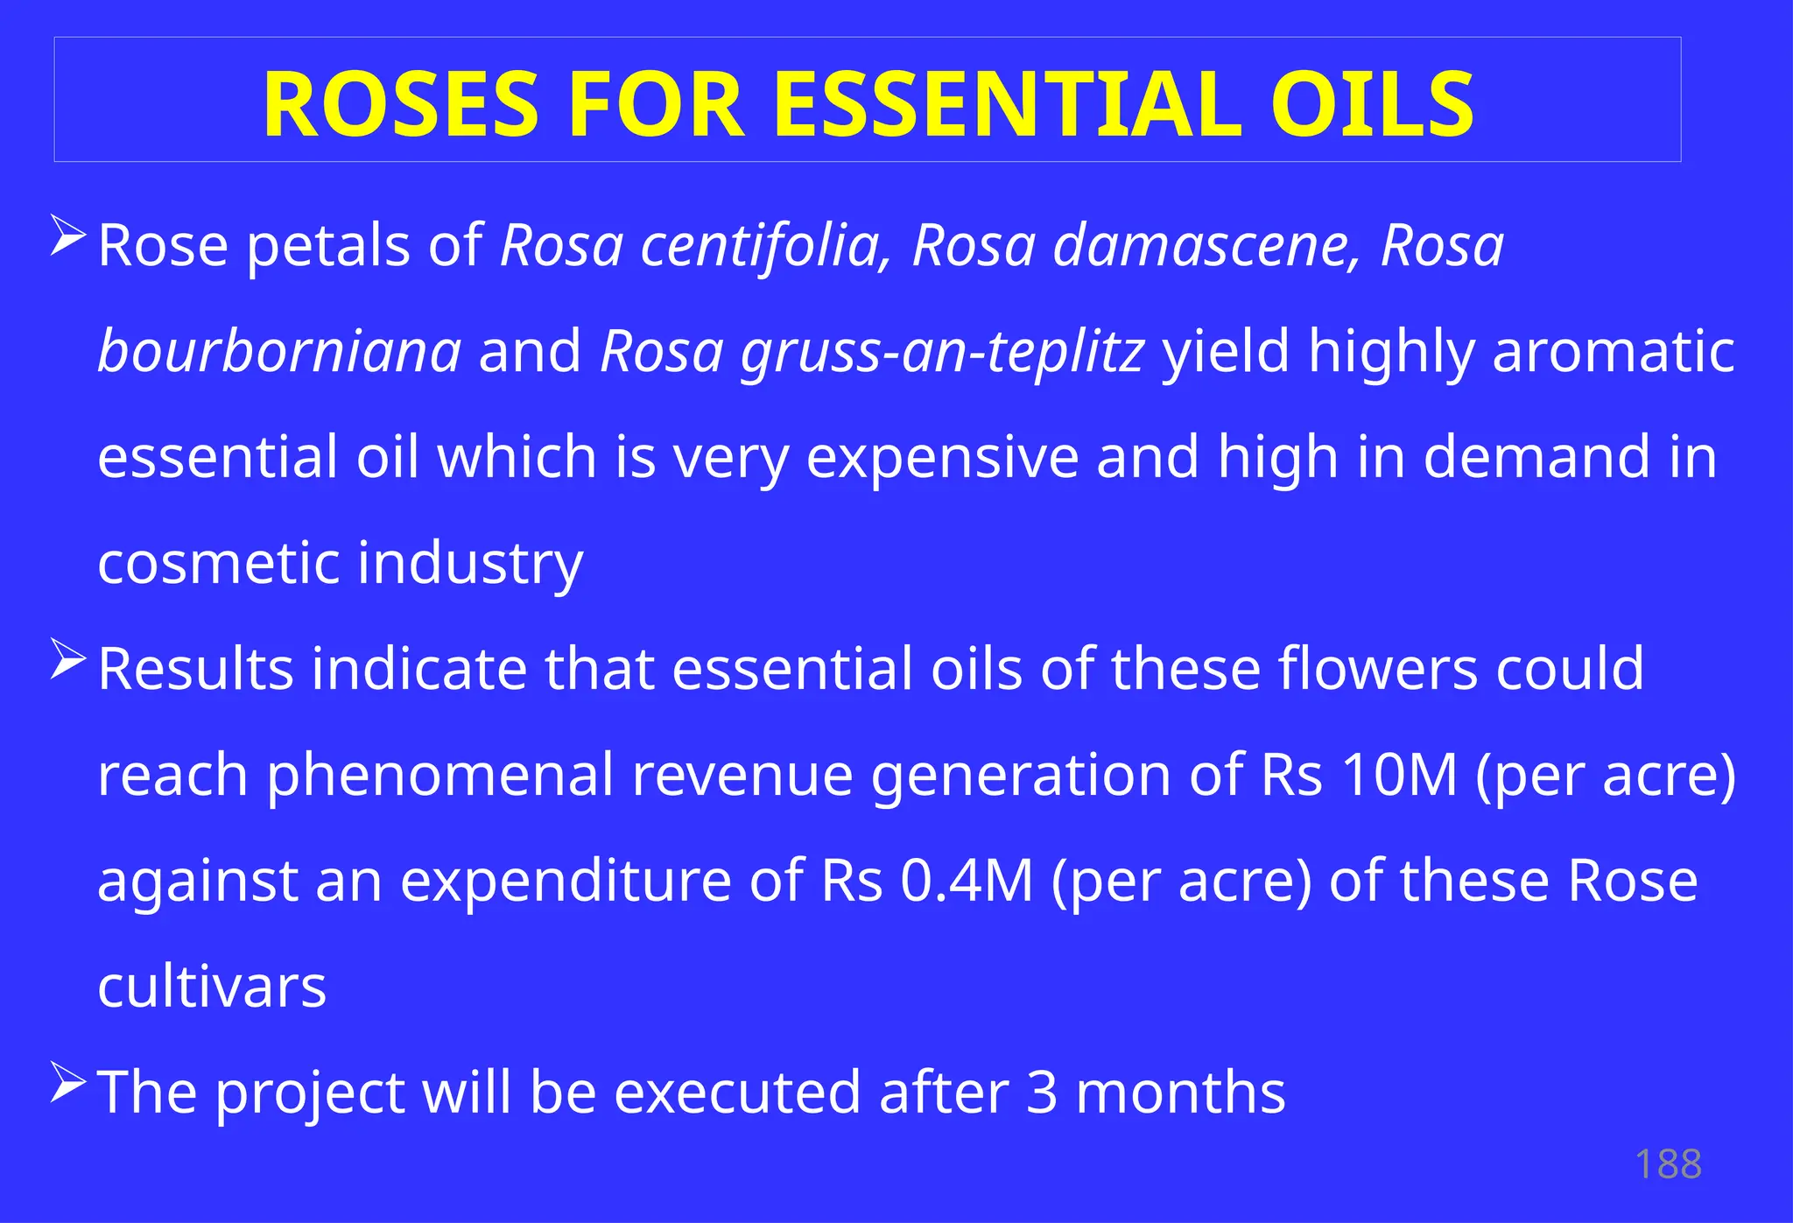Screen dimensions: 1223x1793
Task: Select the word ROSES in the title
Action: coord(400,105)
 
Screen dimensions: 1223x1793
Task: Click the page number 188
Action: coord(1668,1164)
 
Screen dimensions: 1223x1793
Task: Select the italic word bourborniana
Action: coord(279,352)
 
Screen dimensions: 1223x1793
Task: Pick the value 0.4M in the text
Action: coord(967,881)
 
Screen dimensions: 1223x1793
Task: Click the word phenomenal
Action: coord(440,775)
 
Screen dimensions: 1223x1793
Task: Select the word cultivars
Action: coord(212,987)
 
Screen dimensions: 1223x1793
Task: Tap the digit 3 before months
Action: coord(1041,1093)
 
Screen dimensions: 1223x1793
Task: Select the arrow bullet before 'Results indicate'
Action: coord(68,658)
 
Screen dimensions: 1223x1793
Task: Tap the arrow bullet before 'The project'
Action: coord(68,1082)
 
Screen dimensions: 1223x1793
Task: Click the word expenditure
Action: coord(566,881)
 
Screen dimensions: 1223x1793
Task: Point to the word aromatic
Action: coord(1613,352)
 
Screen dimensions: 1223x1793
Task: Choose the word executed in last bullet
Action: coord(737,1093)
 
